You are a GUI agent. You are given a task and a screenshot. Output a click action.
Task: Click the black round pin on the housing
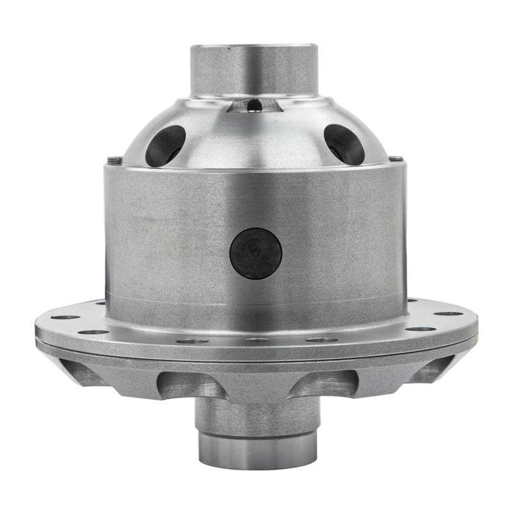[256, 253]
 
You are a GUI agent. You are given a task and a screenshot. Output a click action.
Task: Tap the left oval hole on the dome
[165, 146]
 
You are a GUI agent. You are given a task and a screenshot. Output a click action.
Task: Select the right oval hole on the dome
[344, 144]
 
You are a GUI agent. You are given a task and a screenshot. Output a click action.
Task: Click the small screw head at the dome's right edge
[397, 158]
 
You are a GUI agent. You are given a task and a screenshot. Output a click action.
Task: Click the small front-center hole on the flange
[257, 340]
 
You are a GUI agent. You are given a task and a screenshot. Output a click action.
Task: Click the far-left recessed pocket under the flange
[80, 371]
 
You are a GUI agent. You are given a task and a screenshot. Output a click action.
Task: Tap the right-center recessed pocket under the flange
[326, 384]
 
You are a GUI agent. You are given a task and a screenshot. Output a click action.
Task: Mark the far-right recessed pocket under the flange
[430, 371]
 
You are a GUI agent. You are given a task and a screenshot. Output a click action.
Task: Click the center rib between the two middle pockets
[256, 387]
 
